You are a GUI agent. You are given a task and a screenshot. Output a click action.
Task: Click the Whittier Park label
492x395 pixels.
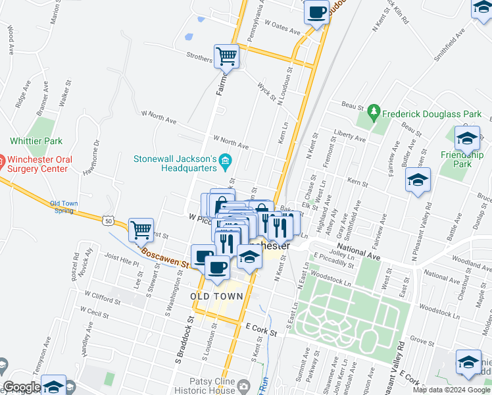36,141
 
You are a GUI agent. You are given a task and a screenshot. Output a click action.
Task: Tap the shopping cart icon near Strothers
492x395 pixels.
226,56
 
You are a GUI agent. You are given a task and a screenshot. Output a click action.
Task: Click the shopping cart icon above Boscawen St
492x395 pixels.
141,230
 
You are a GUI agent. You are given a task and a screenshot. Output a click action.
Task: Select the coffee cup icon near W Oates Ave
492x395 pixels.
316,12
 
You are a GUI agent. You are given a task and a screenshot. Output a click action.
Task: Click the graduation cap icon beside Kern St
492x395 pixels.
418,180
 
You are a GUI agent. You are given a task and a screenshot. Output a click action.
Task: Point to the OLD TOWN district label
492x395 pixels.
216,297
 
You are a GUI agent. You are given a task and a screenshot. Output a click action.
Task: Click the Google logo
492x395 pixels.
22,388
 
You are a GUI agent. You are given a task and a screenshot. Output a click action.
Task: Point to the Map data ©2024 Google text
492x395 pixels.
451,390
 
